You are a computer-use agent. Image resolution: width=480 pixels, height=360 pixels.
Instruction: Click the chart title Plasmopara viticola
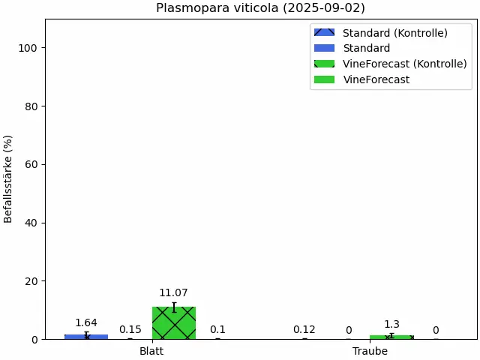[260, 8]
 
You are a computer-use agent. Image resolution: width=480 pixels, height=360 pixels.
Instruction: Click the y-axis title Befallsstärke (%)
[8, 178]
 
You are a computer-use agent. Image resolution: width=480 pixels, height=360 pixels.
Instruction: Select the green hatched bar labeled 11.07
[173, 323]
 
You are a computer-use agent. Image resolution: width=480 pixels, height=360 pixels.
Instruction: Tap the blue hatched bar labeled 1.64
[86, 337]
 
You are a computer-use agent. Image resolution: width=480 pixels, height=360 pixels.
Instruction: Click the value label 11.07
[173, 293]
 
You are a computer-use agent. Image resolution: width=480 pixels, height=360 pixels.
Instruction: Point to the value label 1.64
[86, 323]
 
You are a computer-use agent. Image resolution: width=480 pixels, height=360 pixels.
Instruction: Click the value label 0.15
[130, 329]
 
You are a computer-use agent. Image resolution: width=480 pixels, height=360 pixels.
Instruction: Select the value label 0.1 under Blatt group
[217, 329]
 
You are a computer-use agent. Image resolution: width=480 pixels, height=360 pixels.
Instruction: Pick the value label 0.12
[304, 329]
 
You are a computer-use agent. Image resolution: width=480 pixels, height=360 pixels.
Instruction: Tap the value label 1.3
[391, 325]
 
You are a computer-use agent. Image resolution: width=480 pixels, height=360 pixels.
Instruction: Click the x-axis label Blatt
[151, 351]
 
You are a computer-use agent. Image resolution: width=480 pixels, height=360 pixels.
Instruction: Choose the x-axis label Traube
[370, 351]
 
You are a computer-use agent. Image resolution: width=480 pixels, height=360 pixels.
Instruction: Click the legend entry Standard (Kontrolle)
[394, 33]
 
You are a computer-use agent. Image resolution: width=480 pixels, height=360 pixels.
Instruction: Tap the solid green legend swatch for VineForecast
[325, 79]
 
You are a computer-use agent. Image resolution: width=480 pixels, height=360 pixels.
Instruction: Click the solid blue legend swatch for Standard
[325, 48]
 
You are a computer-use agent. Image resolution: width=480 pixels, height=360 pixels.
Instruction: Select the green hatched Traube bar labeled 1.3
[391, 337]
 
